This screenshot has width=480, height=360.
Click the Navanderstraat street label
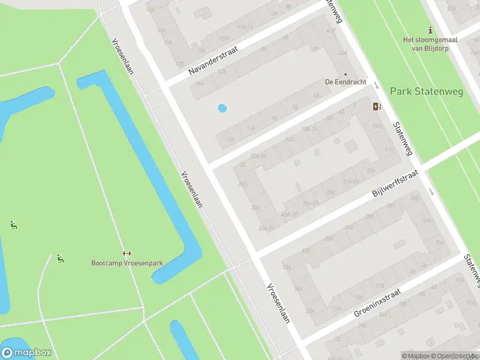click(213, 61)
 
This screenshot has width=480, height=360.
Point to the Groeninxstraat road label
click(378, 303)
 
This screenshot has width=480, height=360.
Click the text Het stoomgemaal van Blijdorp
click(430, 44)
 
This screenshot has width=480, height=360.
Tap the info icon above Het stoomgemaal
click(430, 29)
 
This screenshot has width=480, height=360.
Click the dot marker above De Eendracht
click(346, 74)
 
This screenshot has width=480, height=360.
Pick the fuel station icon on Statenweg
click(377, 107)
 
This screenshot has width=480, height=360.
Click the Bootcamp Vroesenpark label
click(127, 263)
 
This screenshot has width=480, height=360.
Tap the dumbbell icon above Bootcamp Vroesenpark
click(127, 253)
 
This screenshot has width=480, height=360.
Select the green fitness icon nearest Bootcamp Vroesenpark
click(60, 259)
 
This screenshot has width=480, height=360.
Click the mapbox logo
click(26, 353)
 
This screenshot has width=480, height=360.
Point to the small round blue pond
click(223, 109)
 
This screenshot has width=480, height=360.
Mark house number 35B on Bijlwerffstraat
click(330, 193)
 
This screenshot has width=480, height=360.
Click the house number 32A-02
click(266, 228)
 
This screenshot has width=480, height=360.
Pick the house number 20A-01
click(259, 156)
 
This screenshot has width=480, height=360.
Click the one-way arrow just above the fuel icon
click(376, 86)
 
